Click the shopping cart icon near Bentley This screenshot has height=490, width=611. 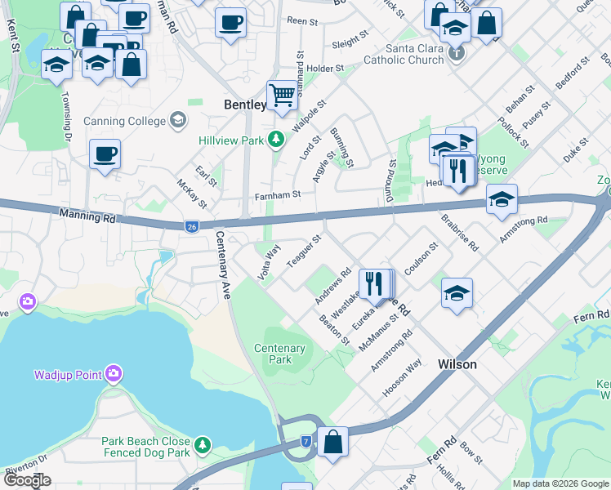(x=282, y=95)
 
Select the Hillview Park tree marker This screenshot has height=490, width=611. (x=276, y=140)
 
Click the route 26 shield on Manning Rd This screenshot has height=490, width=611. (x=191, y=225)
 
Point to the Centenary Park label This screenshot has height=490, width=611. (x=279, y=354)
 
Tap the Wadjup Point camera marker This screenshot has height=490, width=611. (x=113, y=375)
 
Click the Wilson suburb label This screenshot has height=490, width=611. (x=457, y=364)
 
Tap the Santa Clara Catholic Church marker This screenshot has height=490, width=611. (x=457, y=54)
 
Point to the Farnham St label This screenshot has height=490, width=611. (x=279, y=194)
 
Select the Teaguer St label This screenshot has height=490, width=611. (x=305, y=251)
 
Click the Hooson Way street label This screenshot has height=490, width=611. (x=402, y=378)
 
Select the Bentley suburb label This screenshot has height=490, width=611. (x=245, y=105)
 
